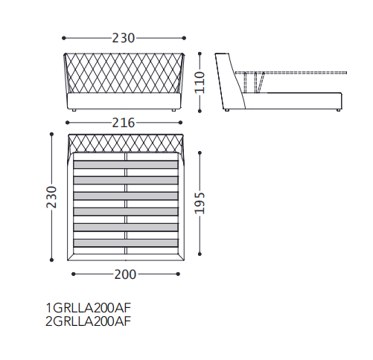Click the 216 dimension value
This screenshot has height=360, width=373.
(124, 123)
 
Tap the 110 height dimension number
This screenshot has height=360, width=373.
(200, 83)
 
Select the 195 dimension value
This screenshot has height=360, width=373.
(200, 203)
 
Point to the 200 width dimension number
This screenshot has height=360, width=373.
(125, 274)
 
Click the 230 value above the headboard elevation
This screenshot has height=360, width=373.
(124, 38)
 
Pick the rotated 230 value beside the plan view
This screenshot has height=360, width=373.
(51, 197)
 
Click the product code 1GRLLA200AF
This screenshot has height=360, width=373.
(88, 308)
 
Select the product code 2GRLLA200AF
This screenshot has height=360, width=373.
(88, 321)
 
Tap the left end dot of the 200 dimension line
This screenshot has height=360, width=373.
(73, 274)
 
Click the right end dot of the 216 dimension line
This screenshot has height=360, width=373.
(180, 123)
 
